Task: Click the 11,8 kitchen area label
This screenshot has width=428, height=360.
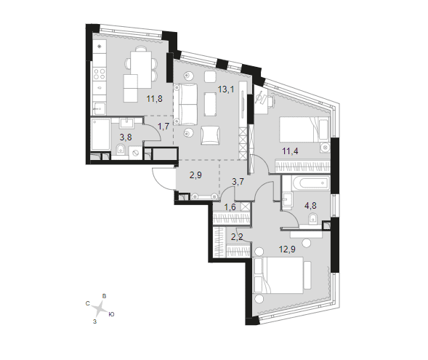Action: (155, 99)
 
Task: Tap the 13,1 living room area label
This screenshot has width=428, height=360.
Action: (226, 89)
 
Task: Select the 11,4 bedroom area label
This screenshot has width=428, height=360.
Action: (290, 151)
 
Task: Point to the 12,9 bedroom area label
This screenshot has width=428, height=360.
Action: (287, 249)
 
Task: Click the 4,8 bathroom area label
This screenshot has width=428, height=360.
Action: (310, 205)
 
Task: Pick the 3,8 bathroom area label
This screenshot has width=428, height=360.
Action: (126, 137)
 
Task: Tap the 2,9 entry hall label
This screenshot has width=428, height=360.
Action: (195, 175)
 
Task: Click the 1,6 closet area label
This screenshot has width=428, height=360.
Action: (230, 207)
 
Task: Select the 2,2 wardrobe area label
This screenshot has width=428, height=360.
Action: (237, 237)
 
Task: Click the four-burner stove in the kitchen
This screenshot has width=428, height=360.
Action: (100, 73)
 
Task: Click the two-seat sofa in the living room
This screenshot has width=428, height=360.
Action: (185, 104)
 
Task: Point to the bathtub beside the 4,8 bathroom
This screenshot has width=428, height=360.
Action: (310, 183)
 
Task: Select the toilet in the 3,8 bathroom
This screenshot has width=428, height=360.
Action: (120, 150)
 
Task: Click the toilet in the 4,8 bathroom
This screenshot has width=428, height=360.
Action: (313, 219)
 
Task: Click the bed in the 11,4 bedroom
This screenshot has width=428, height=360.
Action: (304, 129)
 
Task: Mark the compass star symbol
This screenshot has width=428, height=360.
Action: (99, 309)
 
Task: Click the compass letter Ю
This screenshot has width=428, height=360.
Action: (111, 314)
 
